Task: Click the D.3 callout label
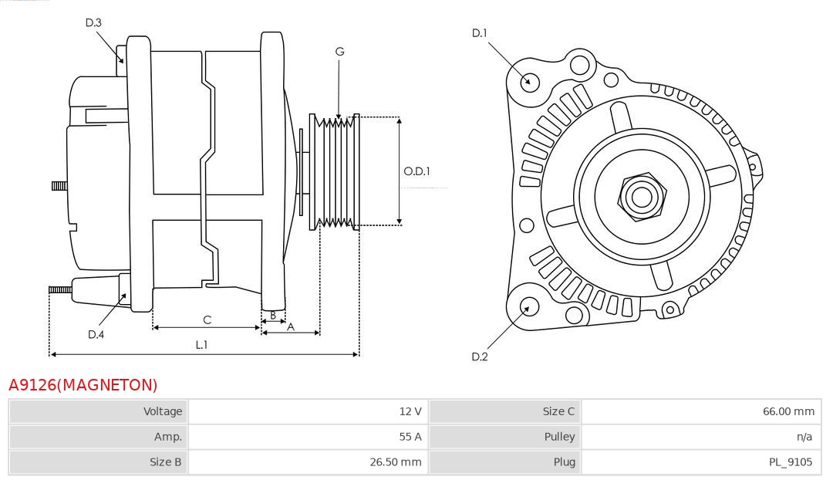click(x=93, y=23)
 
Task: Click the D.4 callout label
click(x=96, y=334)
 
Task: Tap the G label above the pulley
click(x=339, y=52)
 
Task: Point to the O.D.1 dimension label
click(x=417, y=171)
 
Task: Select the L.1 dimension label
click(x=201, y=345)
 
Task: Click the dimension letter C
click(x=207, y=319)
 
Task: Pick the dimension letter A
click(x=290, y=326)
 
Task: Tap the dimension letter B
click(x=272, y=316)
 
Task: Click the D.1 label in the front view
click(x=480, y=33)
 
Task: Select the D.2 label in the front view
click(x=480, y=357)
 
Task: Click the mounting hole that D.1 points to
click(x=530, y=81)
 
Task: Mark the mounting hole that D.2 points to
click(x=528, y=307)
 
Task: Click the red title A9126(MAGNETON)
click(x=83, y=385)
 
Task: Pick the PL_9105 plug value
click(x=791, y=462)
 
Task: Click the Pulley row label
click(x=559, y=437)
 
